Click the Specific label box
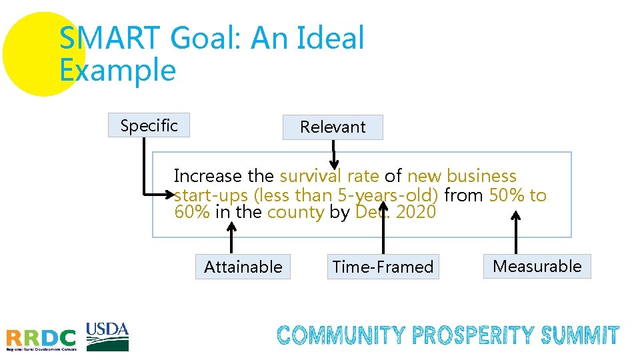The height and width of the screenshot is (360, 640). click(x=149, y=125)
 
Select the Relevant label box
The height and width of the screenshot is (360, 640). click(x=333, y=127)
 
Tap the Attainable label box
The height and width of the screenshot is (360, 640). click(x=243, y=267)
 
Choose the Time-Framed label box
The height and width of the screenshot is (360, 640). click(x=383, y=267)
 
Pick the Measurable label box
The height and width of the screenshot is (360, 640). click(x=537, y=266)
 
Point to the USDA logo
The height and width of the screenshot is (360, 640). click(x=107, y=336)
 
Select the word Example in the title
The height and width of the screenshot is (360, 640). click(x=117, y=70)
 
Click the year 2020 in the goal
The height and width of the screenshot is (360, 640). click(x=415, y=212)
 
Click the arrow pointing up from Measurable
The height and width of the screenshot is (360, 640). click(x=515, y=233)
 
